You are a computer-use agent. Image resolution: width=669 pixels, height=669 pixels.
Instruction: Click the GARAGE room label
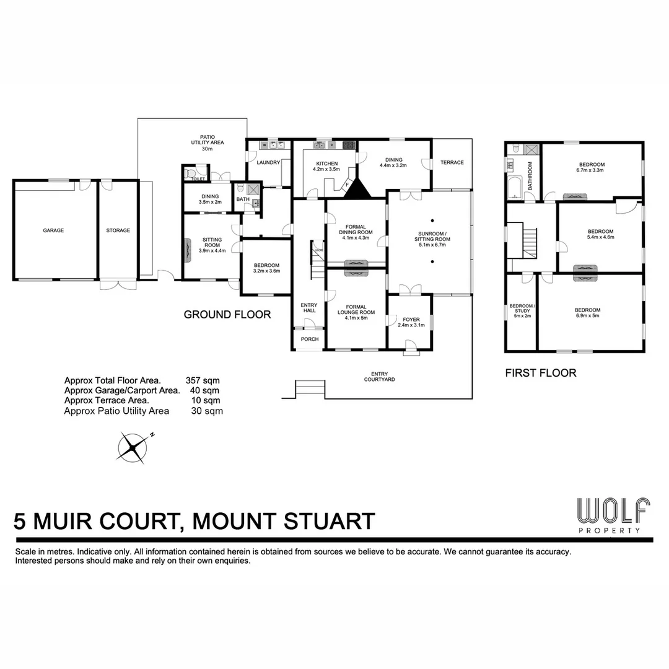tap(53, 230)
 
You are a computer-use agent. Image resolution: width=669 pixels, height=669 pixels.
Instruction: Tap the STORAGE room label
tap(118, 230)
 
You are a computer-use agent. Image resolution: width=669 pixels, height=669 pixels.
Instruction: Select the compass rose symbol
tap(133, 447)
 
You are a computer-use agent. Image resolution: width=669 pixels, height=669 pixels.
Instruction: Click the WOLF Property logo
tap(613, 515)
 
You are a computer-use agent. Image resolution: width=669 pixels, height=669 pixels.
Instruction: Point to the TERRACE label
tap(452, 163)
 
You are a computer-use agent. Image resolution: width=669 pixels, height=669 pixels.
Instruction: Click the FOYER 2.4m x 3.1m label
tap(410, 322)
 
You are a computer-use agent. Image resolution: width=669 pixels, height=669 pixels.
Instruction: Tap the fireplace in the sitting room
tap(188, 248)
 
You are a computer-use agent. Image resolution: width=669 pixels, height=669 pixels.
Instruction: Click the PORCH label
tap(309, 339)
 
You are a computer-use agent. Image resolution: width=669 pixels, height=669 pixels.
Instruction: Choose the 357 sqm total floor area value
tap(203, 380)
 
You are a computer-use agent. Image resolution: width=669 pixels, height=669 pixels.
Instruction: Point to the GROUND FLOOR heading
tap(227, 315)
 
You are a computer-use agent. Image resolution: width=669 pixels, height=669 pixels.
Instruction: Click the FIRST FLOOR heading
tap(541, 373)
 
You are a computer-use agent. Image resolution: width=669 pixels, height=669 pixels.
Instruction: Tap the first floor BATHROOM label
tap(530, 176)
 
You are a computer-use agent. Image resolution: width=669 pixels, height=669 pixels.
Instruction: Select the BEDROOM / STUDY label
tap(520, 310)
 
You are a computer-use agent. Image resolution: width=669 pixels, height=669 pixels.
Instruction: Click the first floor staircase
tap(529, 243)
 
